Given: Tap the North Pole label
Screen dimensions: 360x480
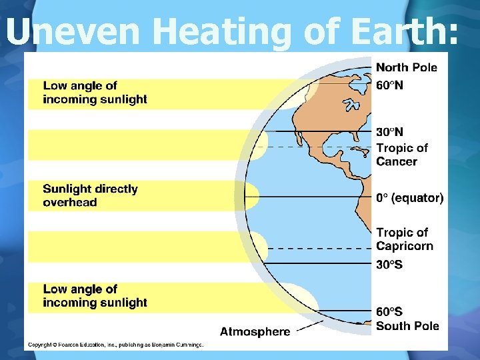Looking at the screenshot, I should [406, 67].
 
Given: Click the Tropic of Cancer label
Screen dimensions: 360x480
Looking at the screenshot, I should [402, 155].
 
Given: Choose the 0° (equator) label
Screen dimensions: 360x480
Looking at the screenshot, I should [409, 198].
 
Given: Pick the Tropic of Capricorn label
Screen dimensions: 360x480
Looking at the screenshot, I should [405, 239].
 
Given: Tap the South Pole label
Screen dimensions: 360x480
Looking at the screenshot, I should [407, 326].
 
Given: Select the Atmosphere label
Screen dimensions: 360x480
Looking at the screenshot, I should [255, 331].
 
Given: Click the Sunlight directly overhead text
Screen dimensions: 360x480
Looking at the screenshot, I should [90, 195].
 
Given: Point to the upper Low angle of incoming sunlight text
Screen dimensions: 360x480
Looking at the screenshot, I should [95, 93].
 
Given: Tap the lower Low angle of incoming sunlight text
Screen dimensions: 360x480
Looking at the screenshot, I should [95, 296].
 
